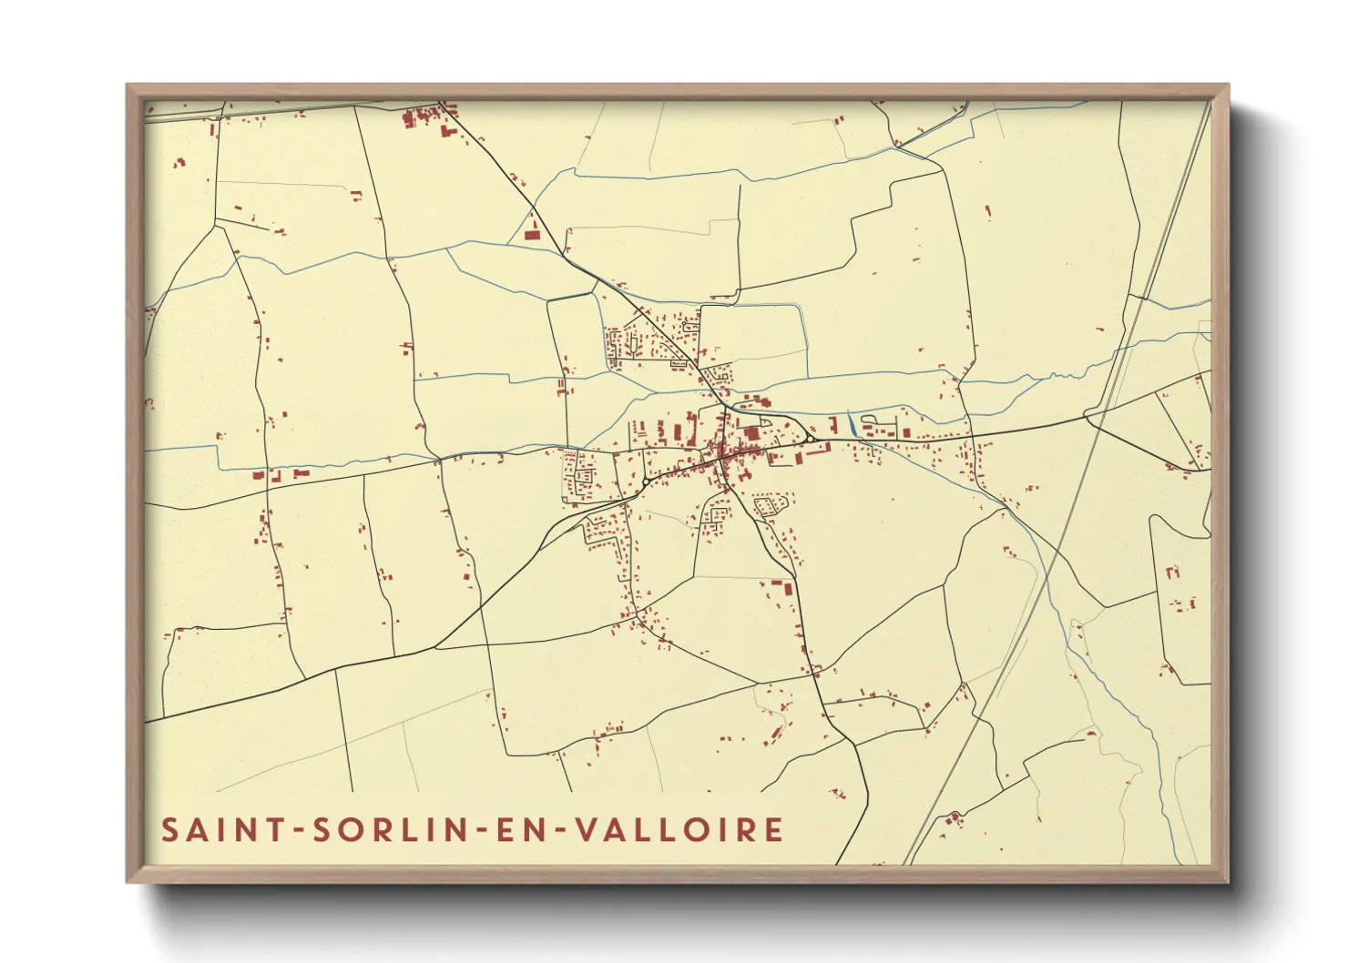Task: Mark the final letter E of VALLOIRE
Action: click(774, 830)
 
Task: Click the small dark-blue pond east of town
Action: click(851, 423)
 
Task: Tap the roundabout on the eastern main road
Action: click(808, 440)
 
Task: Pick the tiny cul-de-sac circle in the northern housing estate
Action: click(684, 325)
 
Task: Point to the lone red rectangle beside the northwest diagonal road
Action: click(531, 235)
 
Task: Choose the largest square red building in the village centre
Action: click(752, 434)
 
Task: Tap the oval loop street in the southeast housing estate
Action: click(769, 503)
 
